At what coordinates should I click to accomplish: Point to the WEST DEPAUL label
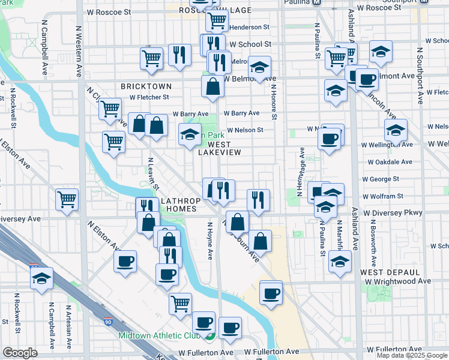coord(385,272)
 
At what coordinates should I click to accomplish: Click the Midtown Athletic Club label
coord(158,336)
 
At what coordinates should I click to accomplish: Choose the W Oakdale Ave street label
coord(390,162)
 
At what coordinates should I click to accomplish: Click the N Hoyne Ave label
coord(210,241)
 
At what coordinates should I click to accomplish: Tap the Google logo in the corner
coord(20,353)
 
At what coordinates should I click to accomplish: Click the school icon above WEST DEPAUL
coord(340,262)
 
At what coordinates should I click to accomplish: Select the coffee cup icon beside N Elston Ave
coord(125,262)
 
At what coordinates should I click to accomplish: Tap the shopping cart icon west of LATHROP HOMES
coord(67,200)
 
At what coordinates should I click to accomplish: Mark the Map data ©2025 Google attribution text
coord(412,355)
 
